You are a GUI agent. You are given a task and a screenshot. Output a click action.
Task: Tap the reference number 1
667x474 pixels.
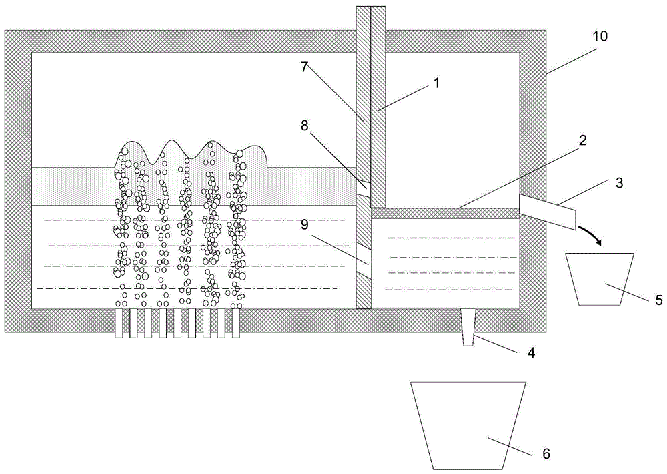(x=436, y=83)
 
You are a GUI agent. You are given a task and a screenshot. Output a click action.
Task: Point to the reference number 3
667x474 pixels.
(x=619, y=183)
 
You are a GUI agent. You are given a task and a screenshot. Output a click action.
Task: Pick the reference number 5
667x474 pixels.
(x=658, y=300)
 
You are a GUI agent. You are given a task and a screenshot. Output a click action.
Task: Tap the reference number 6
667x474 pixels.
(x=546, y=453)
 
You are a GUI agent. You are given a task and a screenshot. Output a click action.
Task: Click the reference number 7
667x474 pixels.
(x=305, y=67)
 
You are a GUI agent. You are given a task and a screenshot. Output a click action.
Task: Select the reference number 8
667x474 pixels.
(x=305, y=125)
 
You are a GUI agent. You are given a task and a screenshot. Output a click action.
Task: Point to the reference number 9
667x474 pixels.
(x=305, y=224)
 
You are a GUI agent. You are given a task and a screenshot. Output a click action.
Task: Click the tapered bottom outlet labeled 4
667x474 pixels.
(x=468, y=327)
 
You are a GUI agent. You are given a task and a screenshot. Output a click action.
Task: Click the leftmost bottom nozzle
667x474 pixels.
(x=119, y=323)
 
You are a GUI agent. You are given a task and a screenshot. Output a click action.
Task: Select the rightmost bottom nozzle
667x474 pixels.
(x=236, y=323)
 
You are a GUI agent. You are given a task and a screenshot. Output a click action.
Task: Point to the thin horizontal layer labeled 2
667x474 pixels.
(x=446, y=213)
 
